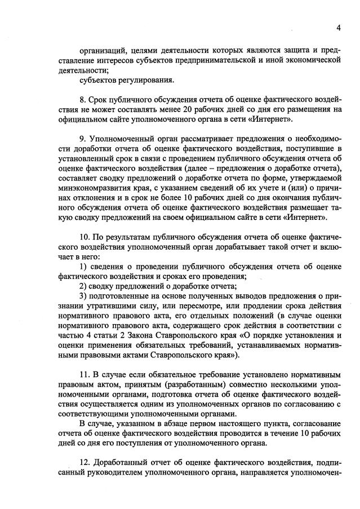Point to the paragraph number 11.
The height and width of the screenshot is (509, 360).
[85, 375]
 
